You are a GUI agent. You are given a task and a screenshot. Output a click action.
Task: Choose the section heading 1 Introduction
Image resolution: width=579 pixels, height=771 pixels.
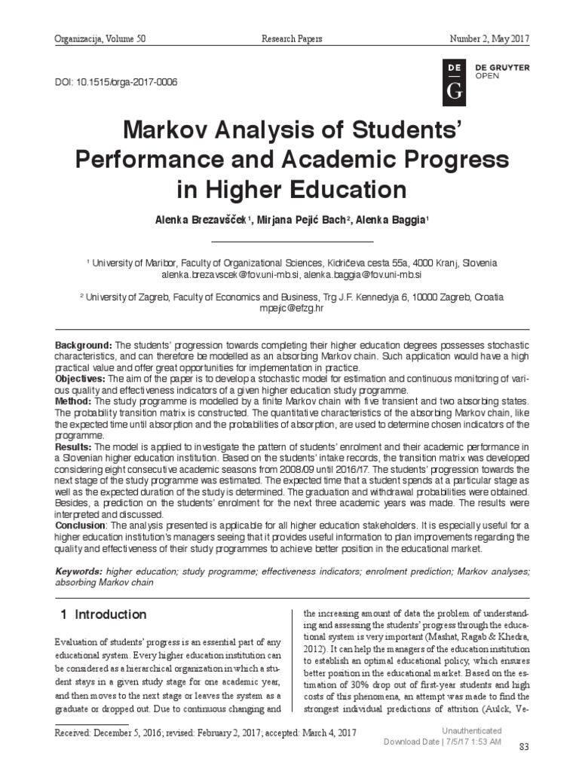click(103, 614)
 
